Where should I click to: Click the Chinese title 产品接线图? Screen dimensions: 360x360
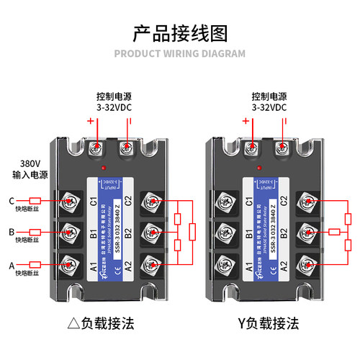(180, 33)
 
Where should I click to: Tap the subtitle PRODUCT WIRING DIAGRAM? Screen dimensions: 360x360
(180, 53)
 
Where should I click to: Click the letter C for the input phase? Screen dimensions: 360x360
(12, 201)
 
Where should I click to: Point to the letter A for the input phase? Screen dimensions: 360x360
(12, 264)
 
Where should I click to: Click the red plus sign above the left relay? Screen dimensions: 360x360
(91, 121)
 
